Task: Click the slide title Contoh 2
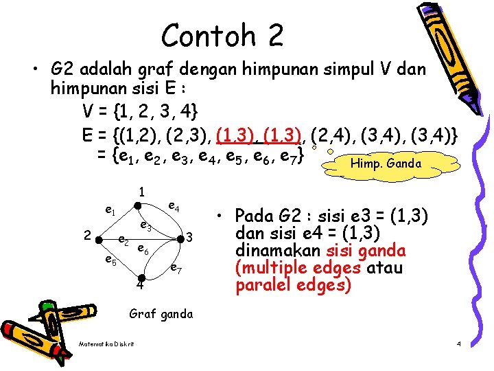click(222, 35)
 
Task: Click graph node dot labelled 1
click(138, 205)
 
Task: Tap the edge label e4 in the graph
click(174, 207)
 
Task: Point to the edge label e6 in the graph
click(143, 249)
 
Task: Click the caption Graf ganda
click(161, 314)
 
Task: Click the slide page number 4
click(459, 343)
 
